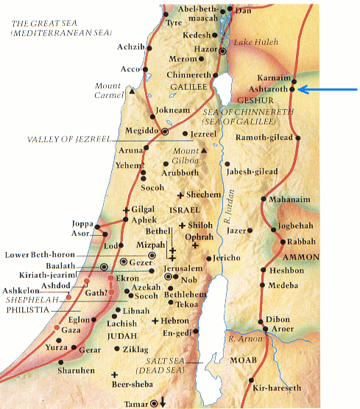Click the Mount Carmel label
click(x=107, y=90)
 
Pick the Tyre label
click(x=174, y=23)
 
